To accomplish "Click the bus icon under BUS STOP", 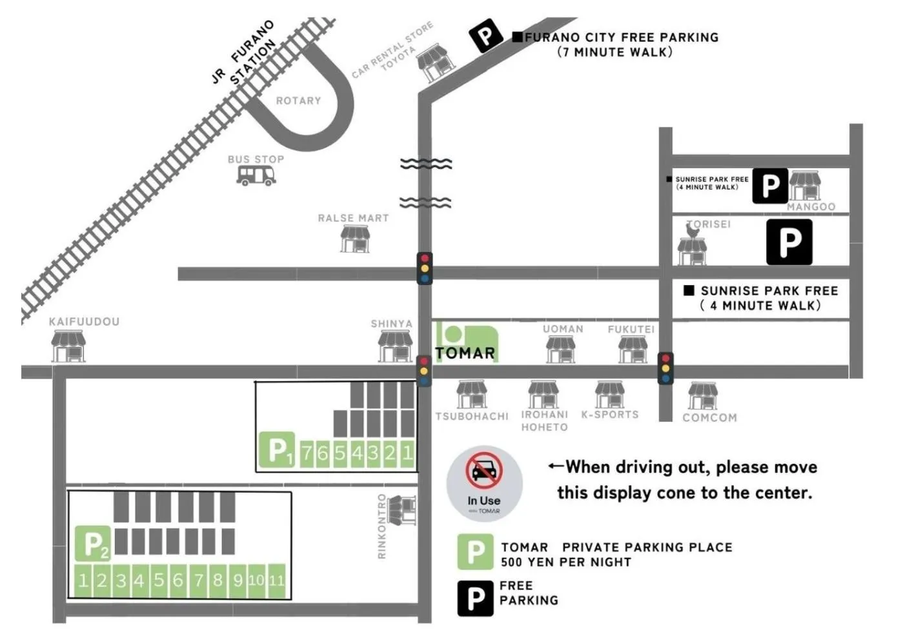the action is coord(256,175).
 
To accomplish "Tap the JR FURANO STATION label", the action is coord(244,53).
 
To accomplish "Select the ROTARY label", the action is coord(298,101).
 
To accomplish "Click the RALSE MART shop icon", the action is coord(354,239).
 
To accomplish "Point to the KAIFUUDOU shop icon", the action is coord(68,346).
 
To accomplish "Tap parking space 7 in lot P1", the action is coord(307,454).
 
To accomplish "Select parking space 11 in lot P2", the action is coord(276,580).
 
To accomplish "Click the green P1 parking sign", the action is coord(277,449).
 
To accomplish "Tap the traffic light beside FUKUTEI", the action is coord(665,368).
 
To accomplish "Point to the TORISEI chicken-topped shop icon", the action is coord(692,244).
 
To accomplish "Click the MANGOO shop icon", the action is coord(805,186).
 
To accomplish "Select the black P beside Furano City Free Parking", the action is coord(485,35).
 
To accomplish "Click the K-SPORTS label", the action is coord(610,415).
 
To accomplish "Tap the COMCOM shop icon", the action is coord(703,395).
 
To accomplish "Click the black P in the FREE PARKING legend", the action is coord(476,598).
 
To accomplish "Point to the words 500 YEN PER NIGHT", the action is coord(566,562).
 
